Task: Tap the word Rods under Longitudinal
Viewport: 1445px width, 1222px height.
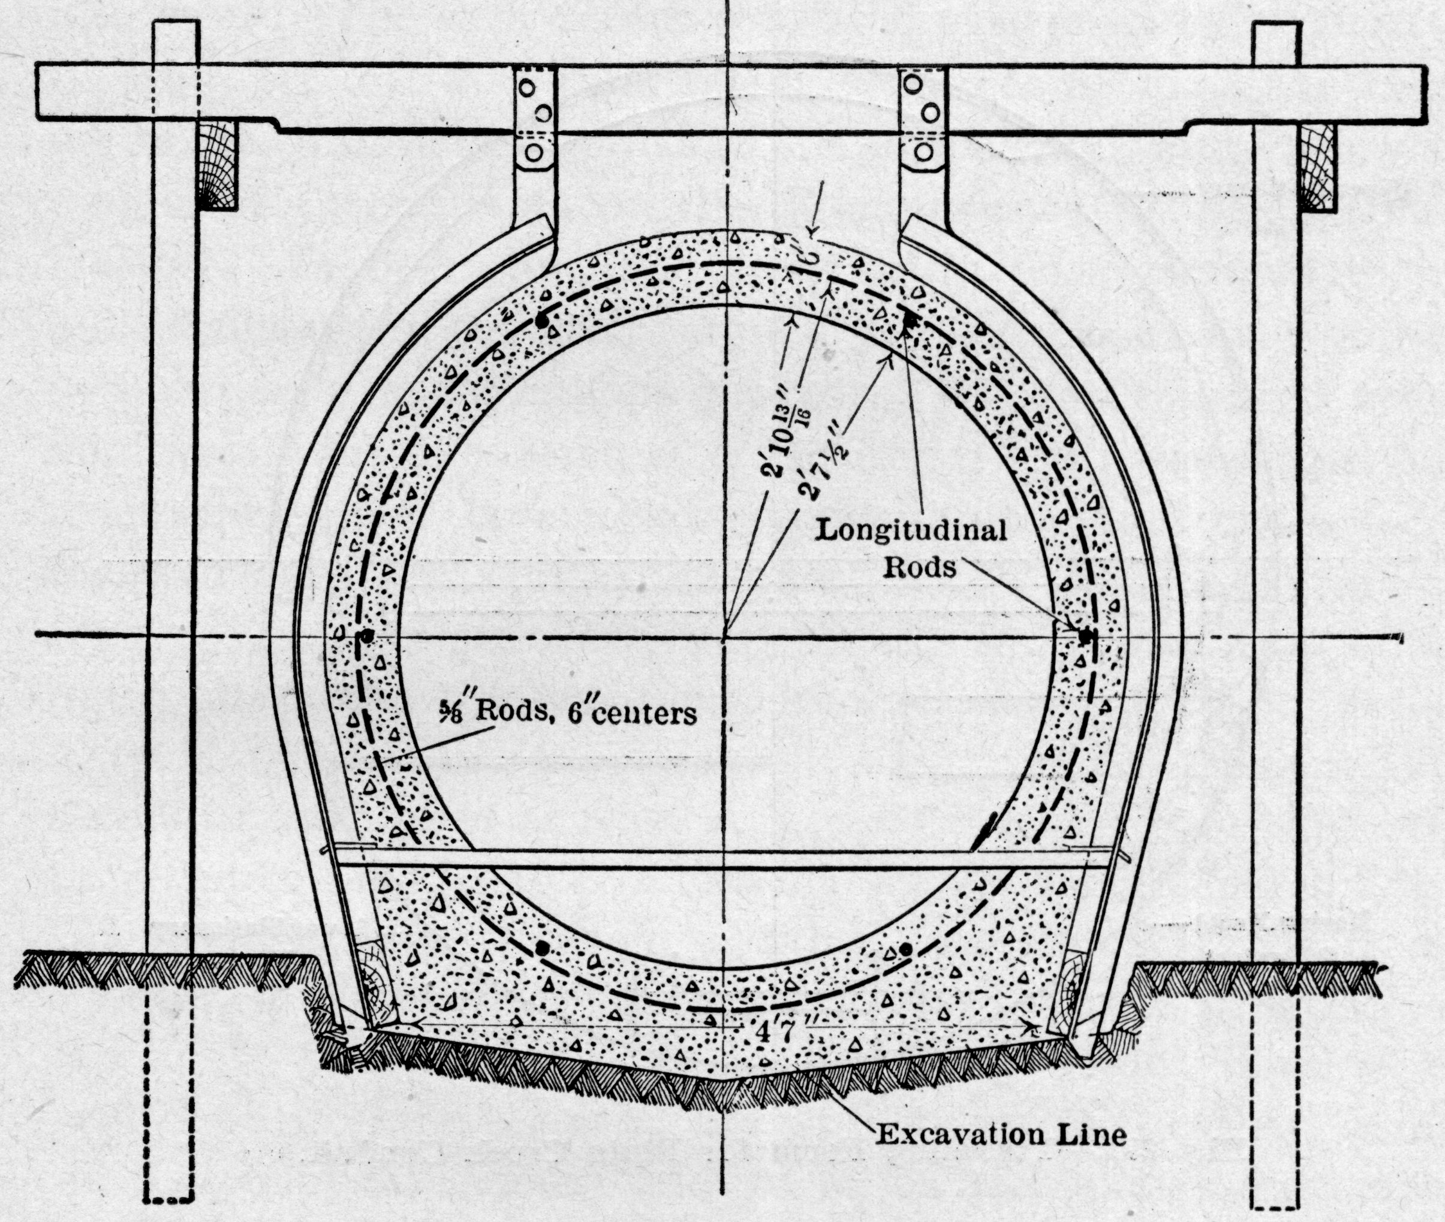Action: (x=921, y=568)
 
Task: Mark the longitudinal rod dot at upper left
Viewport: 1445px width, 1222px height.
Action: (x=541, y=321)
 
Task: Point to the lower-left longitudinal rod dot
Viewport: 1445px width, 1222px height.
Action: (x=542, y=948)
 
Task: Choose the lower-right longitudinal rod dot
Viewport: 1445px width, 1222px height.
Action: (x=906, y=949)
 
